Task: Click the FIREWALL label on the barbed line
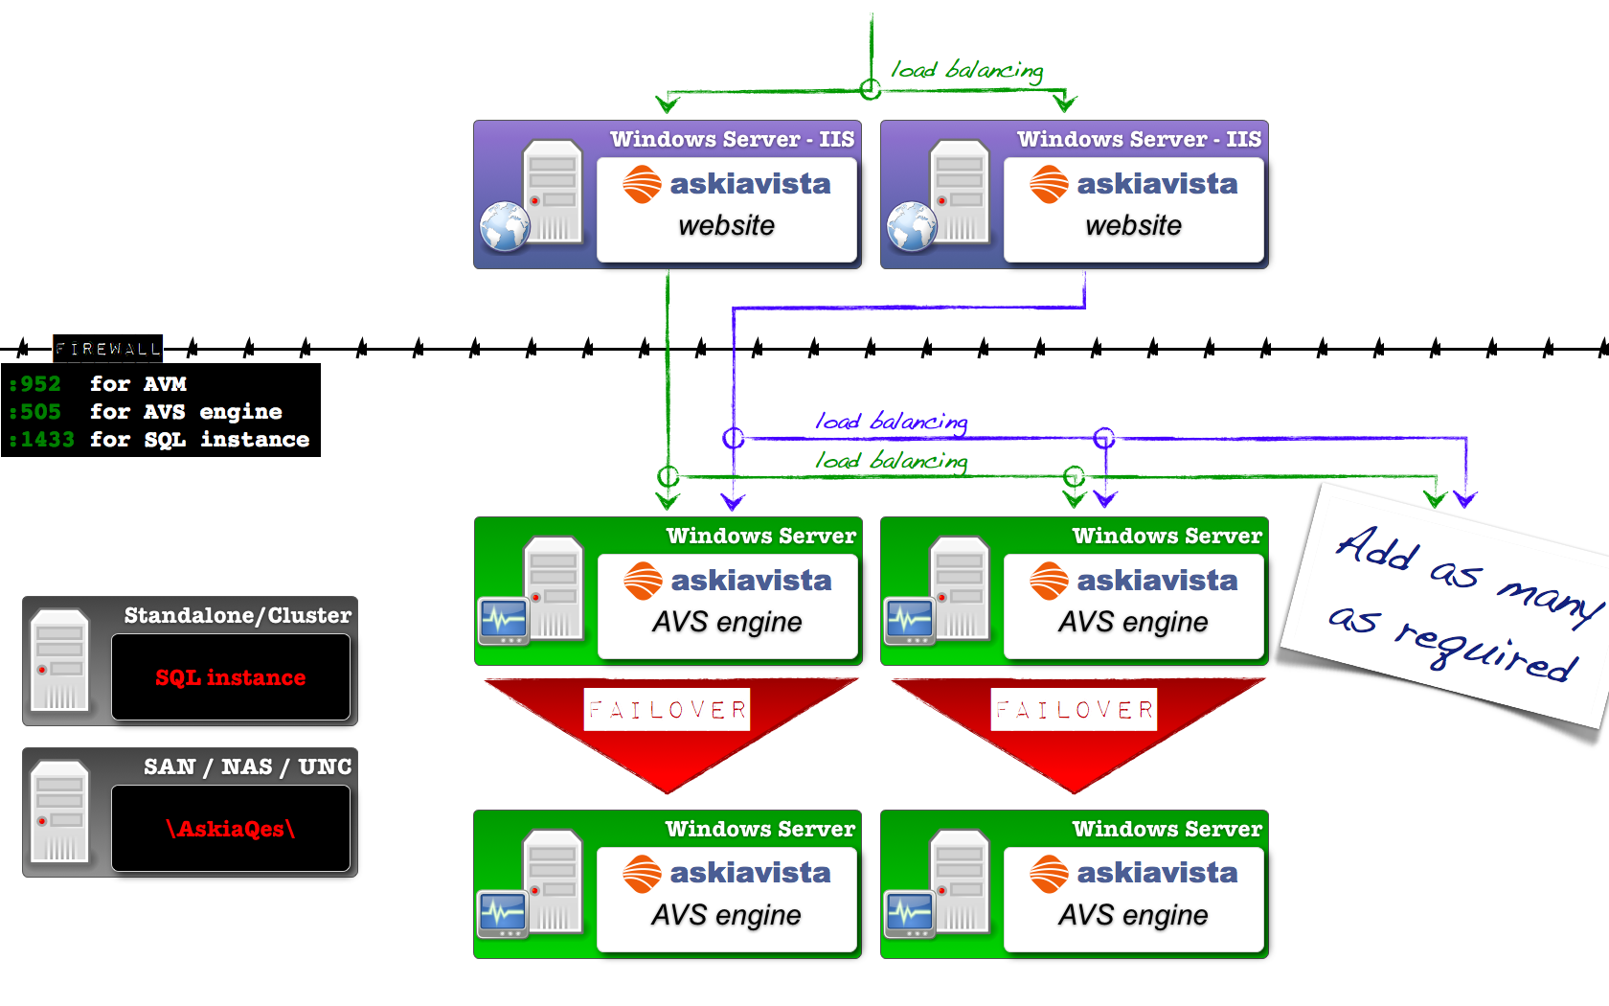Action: coord(107,349)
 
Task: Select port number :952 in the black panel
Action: coord(35,384)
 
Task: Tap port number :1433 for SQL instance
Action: coord(42,440)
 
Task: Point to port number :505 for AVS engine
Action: coord(35,412)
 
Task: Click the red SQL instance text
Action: coord(231,677)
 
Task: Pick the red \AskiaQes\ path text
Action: coord(231,829)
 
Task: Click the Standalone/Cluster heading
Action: coord(238,615)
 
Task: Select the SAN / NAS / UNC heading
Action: coord(248,766)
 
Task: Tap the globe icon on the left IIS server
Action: coord(505,227)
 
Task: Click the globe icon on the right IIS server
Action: coord(912,227)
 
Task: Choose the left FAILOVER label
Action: coord(668,710)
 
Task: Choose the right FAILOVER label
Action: coord(1074,710)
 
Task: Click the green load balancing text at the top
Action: coord(966,70)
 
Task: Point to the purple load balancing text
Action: coord(892,422)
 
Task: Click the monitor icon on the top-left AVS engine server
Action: coord(504,621)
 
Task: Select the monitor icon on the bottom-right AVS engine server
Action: coord(910,913)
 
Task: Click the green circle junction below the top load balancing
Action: coord(871,90)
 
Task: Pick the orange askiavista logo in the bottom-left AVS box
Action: coord(642,874)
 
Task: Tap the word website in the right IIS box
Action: coord(1133,226)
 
